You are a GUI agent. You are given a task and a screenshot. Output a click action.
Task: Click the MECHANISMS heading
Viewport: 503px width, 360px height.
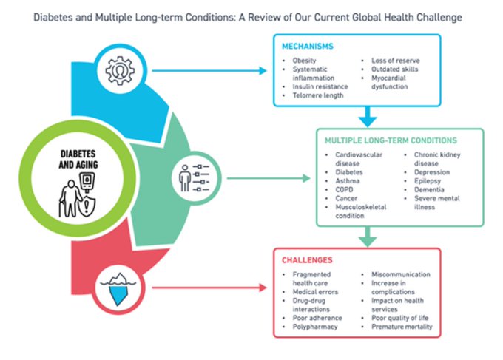pos(308,46)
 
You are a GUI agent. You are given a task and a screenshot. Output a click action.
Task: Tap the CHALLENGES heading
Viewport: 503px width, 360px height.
pos(306,259)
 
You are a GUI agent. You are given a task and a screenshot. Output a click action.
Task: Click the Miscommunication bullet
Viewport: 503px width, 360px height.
pos(400,274)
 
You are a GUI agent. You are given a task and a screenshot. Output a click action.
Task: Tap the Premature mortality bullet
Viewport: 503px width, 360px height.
pos(402,327)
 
